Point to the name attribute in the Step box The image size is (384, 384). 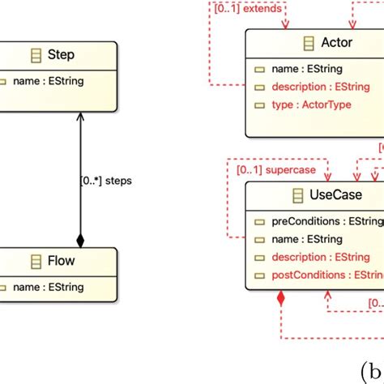coord(49,81)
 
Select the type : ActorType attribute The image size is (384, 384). coord(306,106)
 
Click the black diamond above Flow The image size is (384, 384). coord(79,240)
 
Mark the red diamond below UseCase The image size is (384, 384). coord(280,299)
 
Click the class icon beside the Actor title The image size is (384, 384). coord(308,43)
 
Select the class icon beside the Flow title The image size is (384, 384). coord(36,261)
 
